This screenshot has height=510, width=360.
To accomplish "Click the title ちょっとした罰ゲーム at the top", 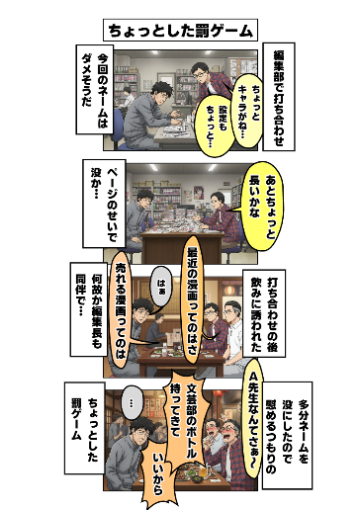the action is [179, 30].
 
